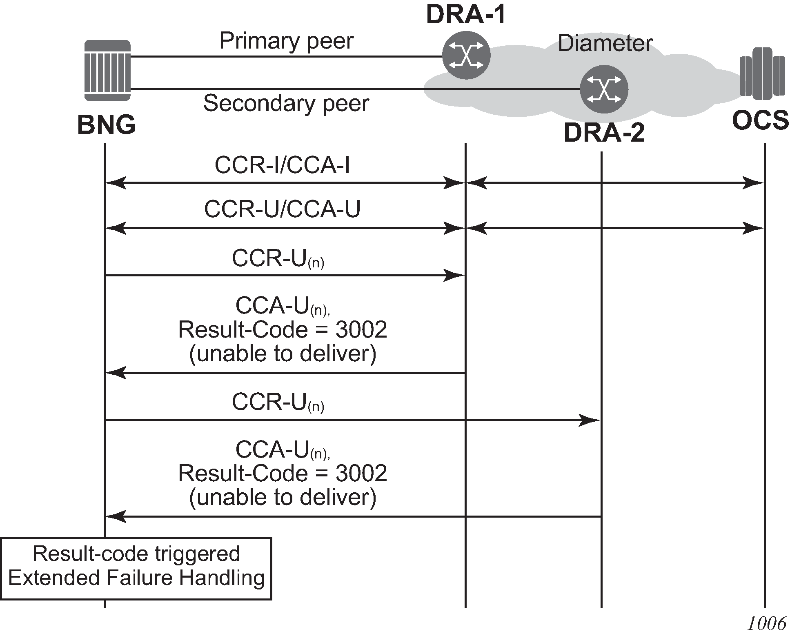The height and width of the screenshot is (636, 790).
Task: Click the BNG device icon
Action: click(x=107, y=70)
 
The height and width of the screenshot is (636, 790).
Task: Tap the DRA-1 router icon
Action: click(x=466, y=56)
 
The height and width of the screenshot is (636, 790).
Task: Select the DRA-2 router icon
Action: click(x=604, y=89)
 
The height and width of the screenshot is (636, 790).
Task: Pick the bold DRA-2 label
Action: click(x=604, y=133)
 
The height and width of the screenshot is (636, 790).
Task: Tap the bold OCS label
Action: click(x=760, y=121)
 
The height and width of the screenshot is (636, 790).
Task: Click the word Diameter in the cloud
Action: click(x=605, y=43)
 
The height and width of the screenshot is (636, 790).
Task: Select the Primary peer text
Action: click(x=286, y=41)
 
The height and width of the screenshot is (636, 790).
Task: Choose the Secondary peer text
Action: click(x=286, y=103)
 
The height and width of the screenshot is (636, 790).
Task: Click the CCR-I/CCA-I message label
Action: click(x=282, y=165)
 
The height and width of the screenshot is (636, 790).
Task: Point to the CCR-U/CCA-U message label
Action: click(x=282, y=209)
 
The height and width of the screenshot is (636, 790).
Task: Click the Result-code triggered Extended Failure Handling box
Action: click(x=136, y=568)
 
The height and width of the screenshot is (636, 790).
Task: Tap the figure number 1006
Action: click(x=766, y=623)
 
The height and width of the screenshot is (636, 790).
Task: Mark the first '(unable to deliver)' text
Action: click(x=283, y=354)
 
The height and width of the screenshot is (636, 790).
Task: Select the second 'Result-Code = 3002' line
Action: click(x=283, y=474)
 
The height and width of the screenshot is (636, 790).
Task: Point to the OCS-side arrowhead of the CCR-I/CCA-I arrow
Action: click(x=754, y=183)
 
